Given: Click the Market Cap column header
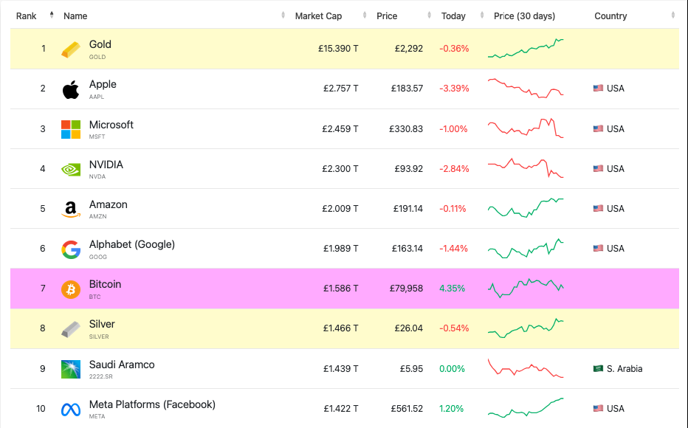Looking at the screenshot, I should pyautogui.click(x=318, y=15).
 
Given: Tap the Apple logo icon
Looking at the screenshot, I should pyautogui.click(x=71, y=89).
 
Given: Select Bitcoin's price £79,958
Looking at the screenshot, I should pyautogui.click(x=406, y=288).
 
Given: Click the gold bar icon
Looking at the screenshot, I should pyautogui.click(x=71, y=49).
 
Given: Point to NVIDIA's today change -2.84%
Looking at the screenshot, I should pyautogui.click(x=454, y=168).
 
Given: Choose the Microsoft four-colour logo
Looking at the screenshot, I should pyautogui.click(x=71, y=129).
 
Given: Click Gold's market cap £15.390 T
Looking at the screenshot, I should pyautogui.click(x=339, y=49).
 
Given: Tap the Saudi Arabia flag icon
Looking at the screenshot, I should pyautogui.click(x=598, y=368).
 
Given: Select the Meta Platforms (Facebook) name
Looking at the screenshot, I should pyautogui.click(x=152, y=404).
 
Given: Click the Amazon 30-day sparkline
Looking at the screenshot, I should pyautogui.click(x=526, y=207).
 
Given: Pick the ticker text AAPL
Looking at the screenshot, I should pyautogui.click(x=97, y=97).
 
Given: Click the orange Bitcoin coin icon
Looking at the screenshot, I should pyautogui.click(x=71, y=289).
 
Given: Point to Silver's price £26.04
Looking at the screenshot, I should pyautogui.click(x=408, y=328).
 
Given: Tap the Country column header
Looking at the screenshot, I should pyautogui.click(x=610, y=15).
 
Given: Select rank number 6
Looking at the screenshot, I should pyautogui.click(x=43, y=248).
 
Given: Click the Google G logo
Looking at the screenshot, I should pyautogui.click(x=71, y=249).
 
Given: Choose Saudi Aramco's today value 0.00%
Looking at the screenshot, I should pyautogui.click(x=452, y=368).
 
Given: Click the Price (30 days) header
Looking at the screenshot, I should pyautogui.click(x=524, y=15).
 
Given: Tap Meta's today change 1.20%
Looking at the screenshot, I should pyautogui.click(x=452, y=408).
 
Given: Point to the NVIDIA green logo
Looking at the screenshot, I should pyautogui.click(x=71, y=169).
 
